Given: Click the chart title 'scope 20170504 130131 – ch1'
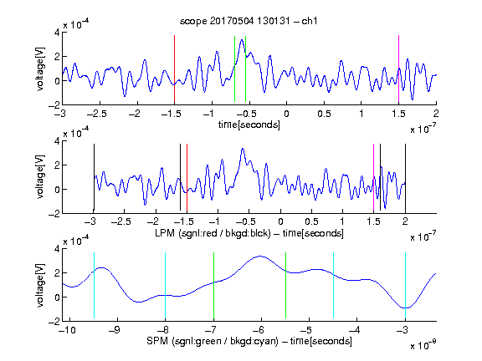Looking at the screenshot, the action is [249, 21].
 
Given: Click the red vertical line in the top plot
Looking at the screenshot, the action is [174, 69].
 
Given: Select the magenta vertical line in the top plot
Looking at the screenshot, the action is [398, 69].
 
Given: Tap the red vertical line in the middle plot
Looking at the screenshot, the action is [187, 178].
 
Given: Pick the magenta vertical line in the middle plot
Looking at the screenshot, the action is [373, 178].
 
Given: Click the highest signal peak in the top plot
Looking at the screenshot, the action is [242, 40].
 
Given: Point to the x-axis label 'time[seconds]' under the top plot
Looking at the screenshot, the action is [249, 125].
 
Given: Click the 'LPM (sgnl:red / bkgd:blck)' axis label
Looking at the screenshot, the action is [213, 233].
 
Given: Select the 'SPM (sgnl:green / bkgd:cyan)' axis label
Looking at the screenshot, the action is [213, 341].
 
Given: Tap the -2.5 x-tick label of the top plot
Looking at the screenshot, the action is [96, 114].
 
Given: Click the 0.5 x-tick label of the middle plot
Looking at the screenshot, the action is [311, 221].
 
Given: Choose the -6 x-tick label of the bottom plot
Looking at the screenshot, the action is [259, 330].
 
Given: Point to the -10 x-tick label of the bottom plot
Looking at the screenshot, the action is [67, 330].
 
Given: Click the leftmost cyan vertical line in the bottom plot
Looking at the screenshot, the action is [94, 286].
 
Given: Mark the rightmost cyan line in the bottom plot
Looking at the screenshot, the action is [405, 286].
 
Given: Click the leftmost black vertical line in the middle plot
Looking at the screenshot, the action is [94, 177].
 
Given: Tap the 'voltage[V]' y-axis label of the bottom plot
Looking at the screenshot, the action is [40, 286].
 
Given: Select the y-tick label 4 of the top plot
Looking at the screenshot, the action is [57, 33].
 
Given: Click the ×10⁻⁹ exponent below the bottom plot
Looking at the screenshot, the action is [423, 346].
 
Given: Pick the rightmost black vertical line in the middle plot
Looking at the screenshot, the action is [405, 178].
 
